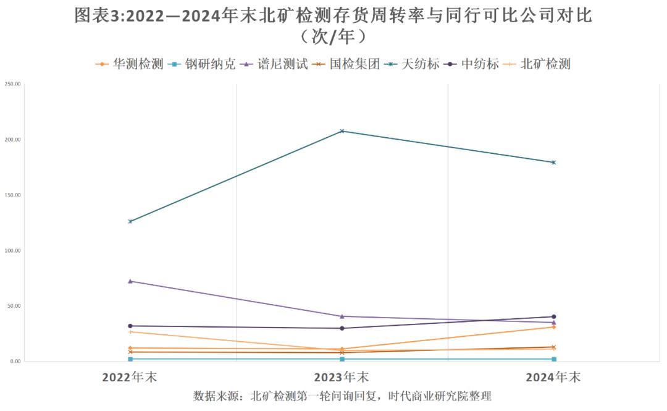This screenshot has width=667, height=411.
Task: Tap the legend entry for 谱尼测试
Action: click(274, 64)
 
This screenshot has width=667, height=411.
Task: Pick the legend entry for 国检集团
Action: click(346, 64)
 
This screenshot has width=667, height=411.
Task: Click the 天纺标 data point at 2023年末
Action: click(342, 131)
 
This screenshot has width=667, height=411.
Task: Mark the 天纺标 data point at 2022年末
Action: click(130, 221)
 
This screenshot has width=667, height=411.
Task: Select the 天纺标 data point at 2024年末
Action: click(553, 163)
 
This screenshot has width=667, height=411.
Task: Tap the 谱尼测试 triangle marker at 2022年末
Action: click(130, 281)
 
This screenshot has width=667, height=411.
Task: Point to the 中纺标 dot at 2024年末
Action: click(553, 317)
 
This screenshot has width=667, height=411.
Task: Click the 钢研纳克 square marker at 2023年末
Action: click(342, 359)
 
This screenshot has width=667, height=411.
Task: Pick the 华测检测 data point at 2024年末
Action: click(553, 327)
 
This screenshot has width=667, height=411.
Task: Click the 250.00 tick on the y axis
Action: click(12, 84)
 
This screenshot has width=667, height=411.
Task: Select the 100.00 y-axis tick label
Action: click(12, 251)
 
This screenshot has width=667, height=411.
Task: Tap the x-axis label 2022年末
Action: click(130, 378)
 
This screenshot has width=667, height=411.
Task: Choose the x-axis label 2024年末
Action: click(553, 378)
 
